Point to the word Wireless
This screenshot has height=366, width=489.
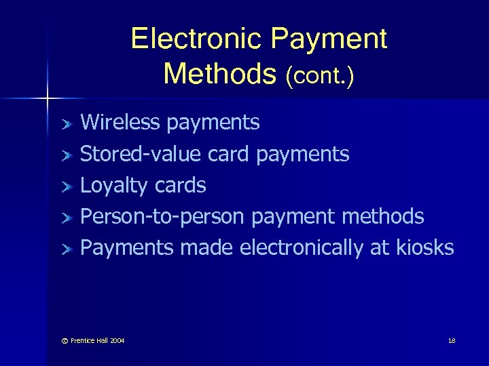(x=120, y=122)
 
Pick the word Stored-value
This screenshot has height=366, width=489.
(x=141, y=154)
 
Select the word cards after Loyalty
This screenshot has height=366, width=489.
(x=180, y=185)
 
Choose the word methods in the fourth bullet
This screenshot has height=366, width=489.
(x=384, y=217)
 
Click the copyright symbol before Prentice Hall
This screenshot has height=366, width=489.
(x=65, y=340)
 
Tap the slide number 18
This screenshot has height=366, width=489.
(x=452, y=340)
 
